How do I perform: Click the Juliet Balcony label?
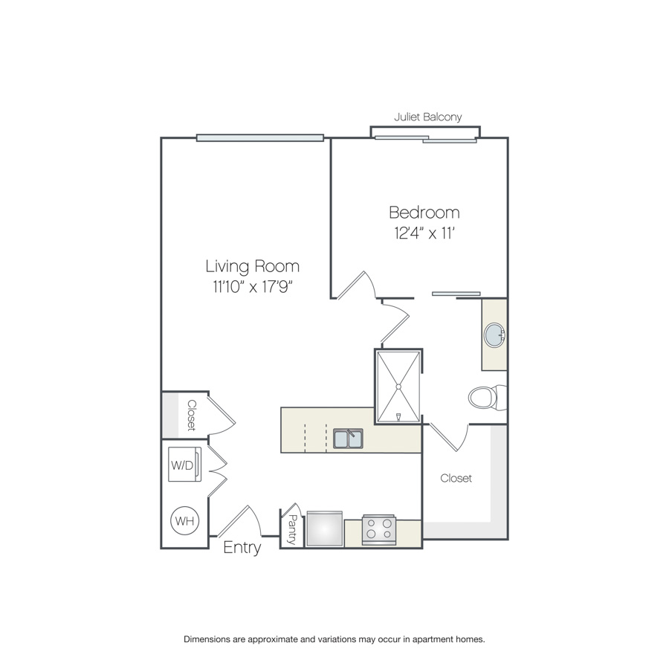click(x=428, y=117)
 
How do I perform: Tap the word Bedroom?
click(x=424, y=213)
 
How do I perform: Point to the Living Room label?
click(x=252, y=266)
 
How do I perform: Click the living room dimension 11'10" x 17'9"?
click(x=252, y=287)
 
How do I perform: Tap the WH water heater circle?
click(x=185, y=520)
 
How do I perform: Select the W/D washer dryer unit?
click(x=185, y=464)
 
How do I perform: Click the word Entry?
click(x=242, y=548)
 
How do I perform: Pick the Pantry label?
click(x=293, y=529)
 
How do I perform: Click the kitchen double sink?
click(x=348, y=439)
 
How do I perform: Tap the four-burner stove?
click(x=379, y=529)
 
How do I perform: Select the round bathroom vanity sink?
click(x=495, y=335)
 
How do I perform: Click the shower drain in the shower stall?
click(x=398, y=387)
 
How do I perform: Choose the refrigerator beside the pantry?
click(x=325, y=529)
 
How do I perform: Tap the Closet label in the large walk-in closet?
click(x=456, y=478)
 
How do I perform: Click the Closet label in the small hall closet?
click(x=192, y=415)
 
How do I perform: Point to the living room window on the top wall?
click(x=260, y=138)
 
